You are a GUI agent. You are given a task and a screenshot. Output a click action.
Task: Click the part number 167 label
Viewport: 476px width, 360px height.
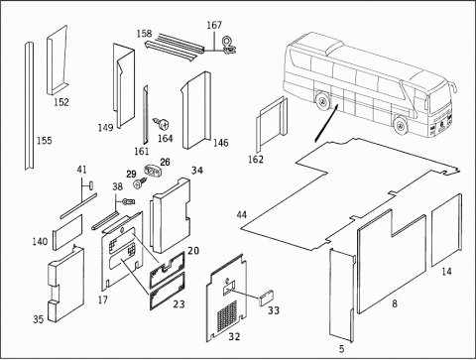coord(214,25)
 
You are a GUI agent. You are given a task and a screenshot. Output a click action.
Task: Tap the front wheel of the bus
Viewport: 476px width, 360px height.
coord(401,125)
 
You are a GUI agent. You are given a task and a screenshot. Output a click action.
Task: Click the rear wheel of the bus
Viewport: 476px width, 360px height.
coord(321,101)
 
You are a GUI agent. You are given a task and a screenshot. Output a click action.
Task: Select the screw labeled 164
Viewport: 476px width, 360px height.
coord(163,124)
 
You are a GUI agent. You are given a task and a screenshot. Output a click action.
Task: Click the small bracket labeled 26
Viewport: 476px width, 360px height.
coord(152,171)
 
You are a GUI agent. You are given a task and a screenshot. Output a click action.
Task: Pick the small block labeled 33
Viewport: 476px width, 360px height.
coord(267,298)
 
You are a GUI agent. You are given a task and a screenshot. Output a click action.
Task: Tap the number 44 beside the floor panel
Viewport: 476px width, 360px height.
coord(242,215)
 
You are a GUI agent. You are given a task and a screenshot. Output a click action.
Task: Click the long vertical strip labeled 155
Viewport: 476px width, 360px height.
coord(29,106)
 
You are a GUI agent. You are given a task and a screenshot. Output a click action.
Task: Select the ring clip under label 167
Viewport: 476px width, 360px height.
coord(228,45)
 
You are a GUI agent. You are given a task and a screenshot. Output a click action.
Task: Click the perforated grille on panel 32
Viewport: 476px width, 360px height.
coord(227,316)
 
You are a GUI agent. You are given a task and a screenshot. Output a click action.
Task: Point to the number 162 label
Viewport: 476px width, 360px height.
coord(256,160)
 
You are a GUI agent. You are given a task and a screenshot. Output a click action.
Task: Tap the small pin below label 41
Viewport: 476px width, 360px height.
coord(90,184)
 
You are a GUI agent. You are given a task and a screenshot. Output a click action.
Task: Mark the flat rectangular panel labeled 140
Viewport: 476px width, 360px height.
coord(67,232)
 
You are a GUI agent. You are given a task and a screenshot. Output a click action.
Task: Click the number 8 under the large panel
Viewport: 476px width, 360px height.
coord(395,303)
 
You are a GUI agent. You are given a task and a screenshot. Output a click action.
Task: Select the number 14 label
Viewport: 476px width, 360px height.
coord(446,272)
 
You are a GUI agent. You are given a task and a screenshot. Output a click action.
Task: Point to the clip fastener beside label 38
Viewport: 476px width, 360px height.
coord(129,201)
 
